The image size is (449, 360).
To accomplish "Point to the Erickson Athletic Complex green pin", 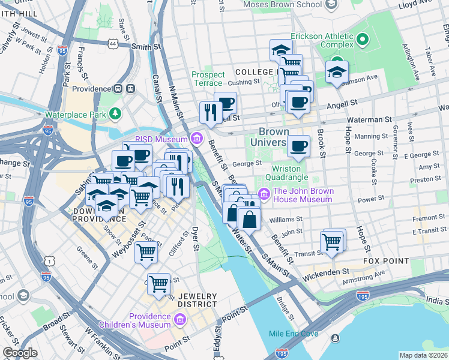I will (362, 40).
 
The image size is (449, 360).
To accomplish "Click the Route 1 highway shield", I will (50, 260).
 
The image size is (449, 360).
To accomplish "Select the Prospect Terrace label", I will (208, 79).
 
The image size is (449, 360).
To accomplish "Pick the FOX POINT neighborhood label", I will (386, 262).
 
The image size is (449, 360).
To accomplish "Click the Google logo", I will (20, 353).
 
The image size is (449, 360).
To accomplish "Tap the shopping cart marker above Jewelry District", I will (158, 283).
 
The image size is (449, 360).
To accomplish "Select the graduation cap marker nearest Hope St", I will (337, 72).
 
